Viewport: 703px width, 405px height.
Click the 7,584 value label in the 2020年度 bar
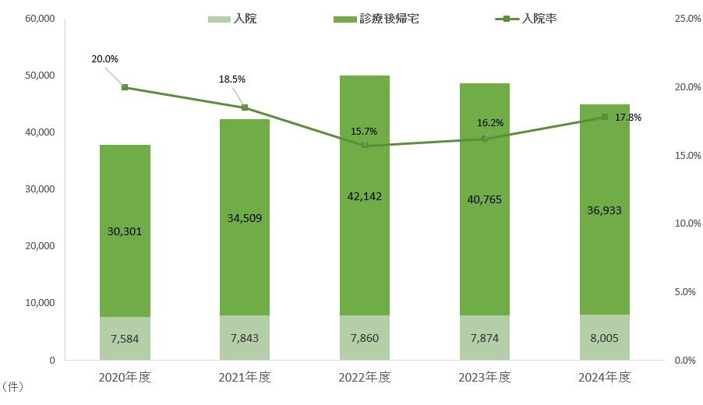click(125, 340)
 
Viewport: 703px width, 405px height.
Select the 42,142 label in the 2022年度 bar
click(365, 197)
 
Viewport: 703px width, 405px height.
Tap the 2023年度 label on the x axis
click(485, 378)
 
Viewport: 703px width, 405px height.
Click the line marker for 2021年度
click(245, 107)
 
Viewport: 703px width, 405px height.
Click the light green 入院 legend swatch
click(218, 19)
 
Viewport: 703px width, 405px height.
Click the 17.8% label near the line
click(629, 118)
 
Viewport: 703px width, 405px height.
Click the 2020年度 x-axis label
click(125, 378)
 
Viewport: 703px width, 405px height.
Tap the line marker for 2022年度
click(365, 146)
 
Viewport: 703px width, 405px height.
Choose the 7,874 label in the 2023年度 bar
click(485, 340)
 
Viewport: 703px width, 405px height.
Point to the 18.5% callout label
click(232, 79)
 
